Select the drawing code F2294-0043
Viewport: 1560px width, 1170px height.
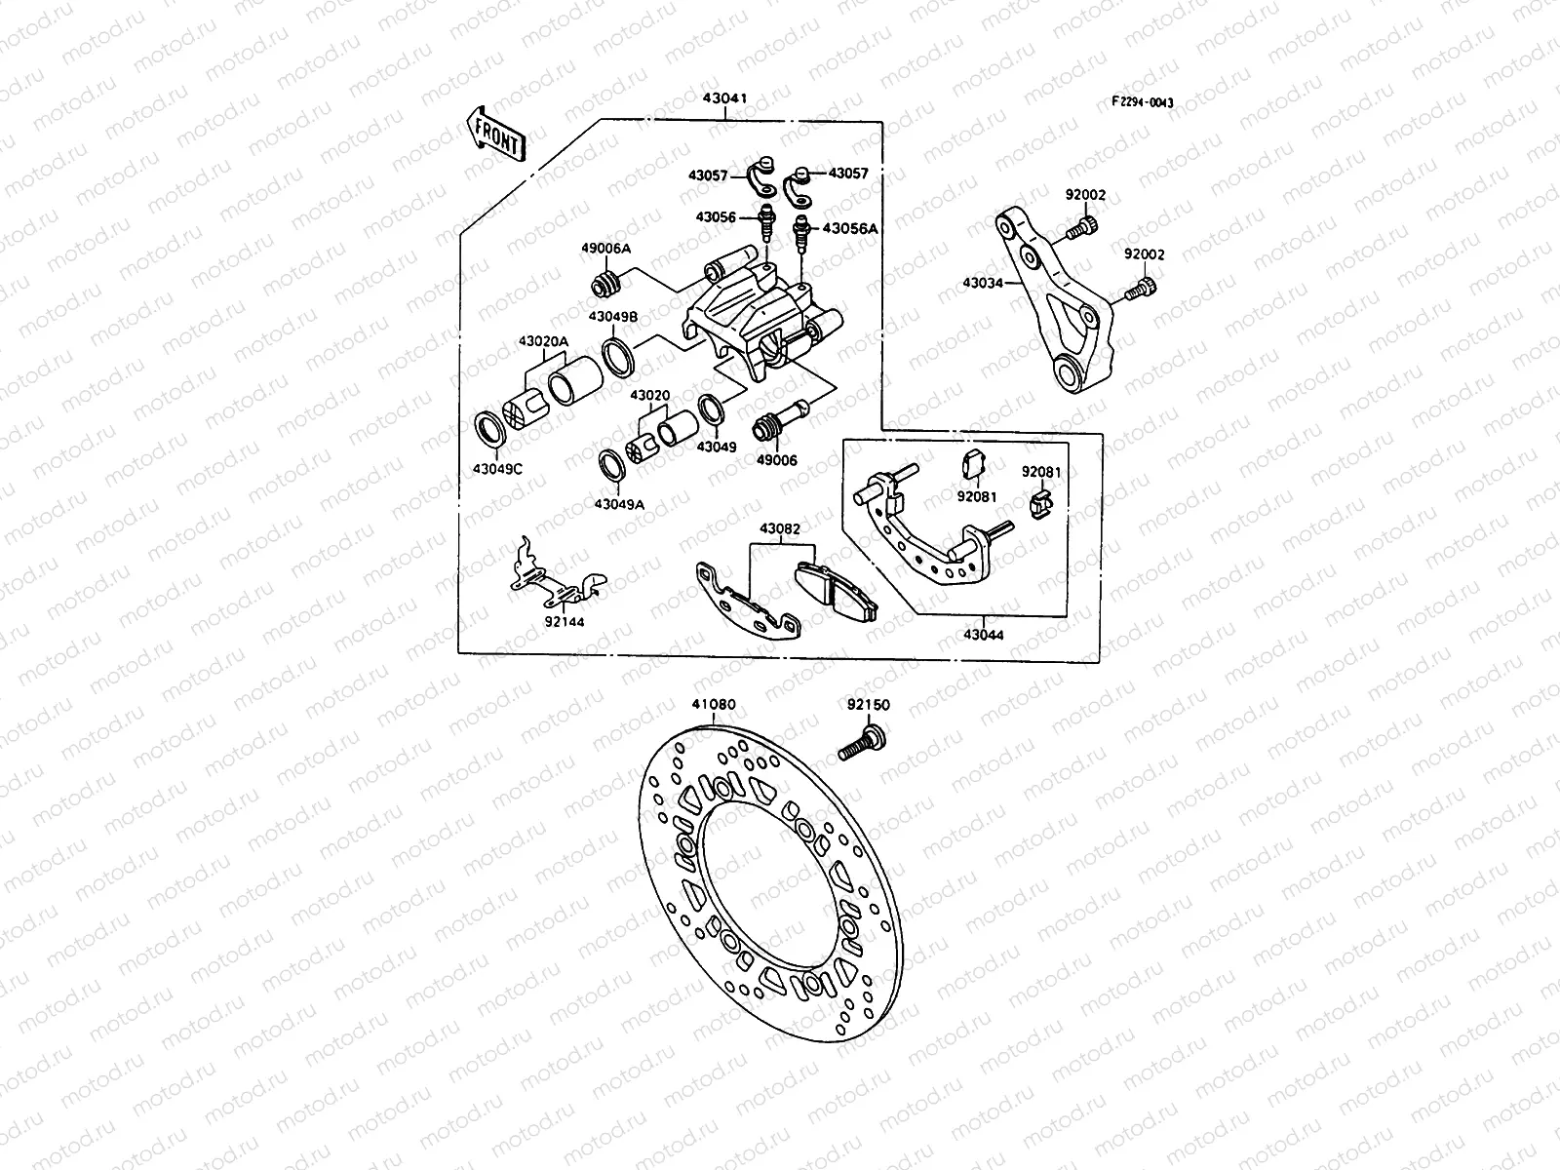tap(1145, 102)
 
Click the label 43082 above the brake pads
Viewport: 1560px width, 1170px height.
tap(780, 528)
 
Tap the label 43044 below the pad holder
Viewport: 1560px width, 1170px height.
tap(983, 635)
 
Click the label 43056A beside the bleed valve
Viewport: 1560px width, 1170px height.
tap(850, 228)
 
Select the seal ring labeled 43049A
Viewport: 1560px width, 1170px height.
tap(612, 465)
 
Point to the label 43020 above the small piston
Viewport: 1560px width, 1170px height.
tap(649, 396)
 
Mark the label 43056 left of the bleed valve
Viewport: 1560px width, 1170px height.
tap(715, 217)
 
